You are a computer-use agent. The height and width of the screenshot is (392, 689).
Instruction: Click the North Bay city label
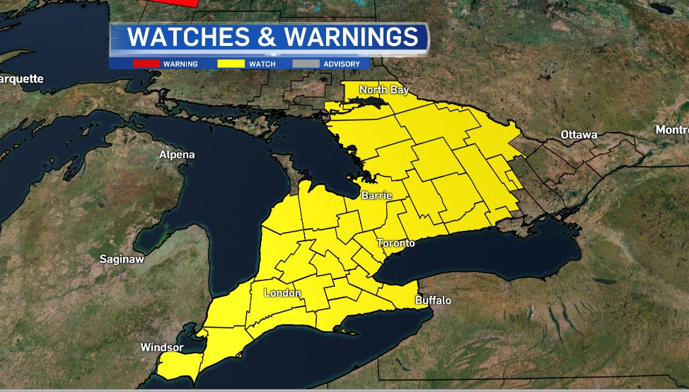coord(384,90)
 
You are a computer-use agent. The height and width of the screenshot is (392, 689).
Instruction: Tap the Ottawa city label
coord(579,134)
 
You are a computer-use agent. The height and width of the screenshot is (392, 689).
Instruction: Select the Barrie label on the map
coord(376,195)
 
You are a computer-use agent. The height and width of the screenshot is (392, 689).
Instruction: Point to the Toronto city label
coord(395,243)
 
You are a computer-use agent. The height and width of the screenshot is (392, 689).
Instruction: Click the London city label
coord(282,293)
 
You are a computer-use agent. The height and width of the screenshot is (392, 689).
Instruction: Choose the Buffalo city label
coord(433,300)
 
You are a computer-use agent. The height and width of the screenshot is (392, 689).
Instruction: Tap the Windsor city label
coord(162,348)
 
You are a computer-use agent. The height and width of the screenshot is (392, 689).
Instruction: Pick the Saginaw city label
coord(122,259)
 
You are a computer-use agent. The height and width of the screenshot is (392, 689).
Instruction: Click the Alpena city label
coord(177,155)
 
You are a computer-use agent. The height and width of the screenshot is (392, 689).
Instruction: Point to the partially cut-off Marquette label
coord(21,78)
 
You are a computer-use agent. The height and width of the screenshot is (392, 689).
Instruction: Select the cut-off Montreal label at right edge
coord(671,130)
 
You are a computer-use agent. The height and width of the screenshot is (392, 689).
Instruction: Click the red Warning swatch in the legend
coord(146,64)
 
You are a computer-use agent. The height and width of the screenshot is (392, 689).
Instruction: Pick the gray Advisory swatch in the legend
coord(306,64)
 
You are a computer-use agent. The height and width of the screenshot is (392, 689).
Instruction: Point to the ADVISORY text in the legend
coord(342,64)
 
